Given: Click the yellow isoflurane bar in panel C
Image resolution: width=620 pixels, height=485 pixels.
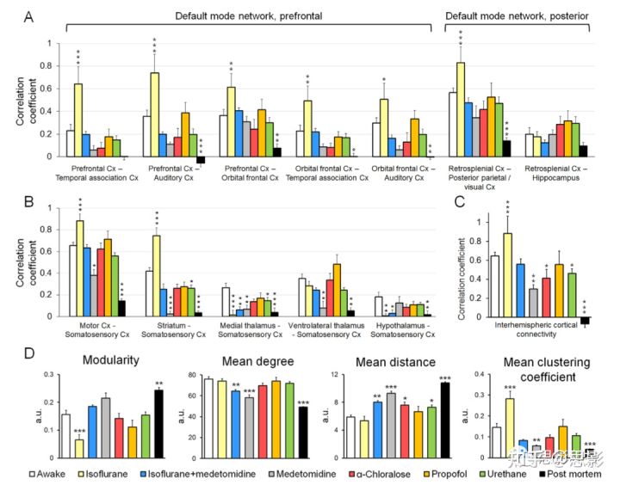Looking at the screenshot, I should (x=507, y=276).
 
